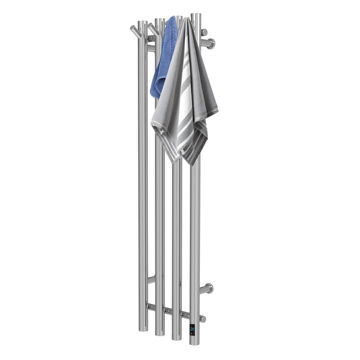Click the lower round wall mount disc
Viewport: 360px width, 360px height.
pos(210,288)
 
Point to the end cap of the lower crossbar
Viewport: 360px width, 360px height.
pos(203,318)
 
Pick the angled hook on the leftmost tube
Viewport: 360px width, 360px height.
pos(136,30)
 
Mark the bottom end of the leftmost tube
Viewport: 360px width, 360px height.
pos(143,330)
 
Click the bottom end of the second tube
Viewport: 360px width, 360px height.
pos(160,333)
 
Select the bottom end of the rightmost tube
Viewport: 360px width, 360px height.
pos(195,338)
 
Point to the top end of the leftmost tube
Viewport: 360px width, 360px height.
pos(143,22)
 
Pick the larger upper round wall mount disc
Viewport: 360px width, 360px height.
pos(211,44)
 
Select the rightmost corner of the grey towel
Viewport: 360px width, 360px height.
pos(217,110)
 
